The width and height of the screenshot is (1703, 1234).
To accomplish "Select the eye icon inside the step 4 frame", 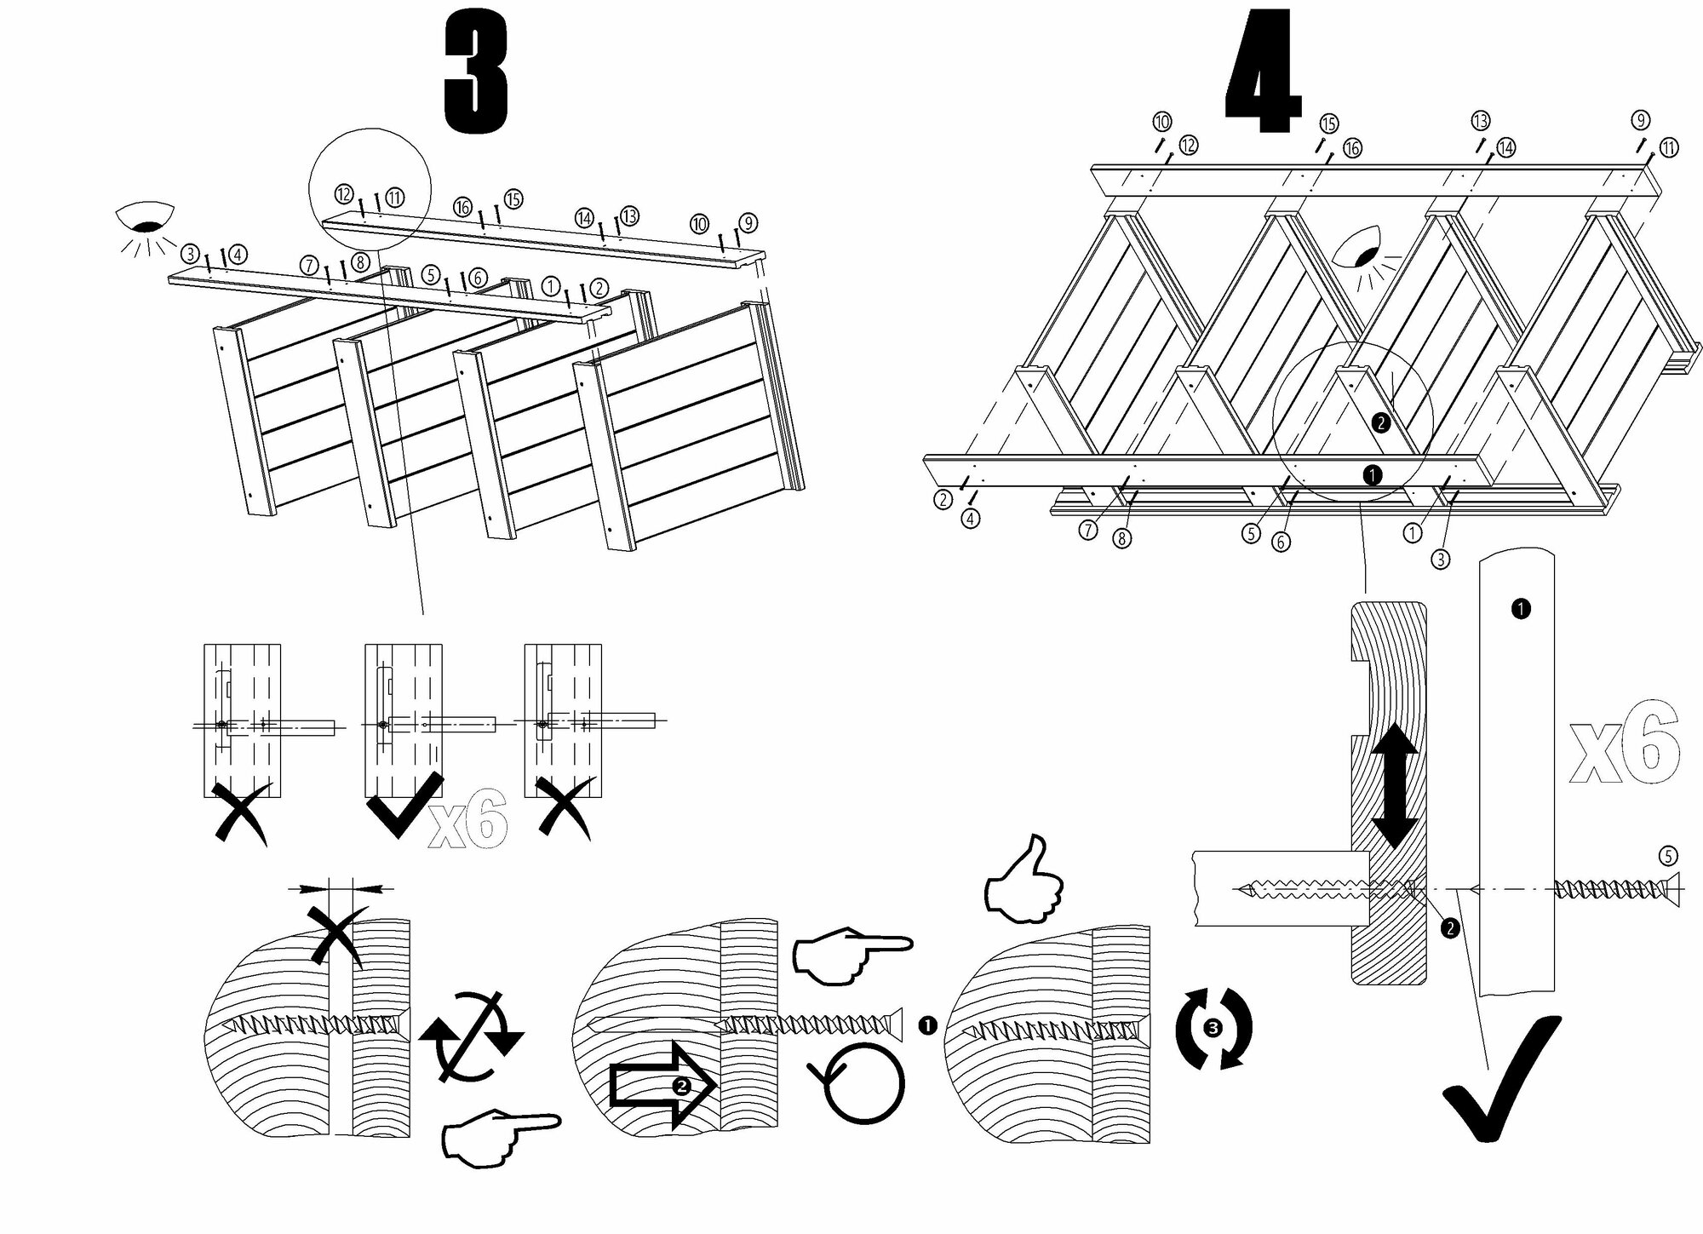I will pyautogui.click(x=1368, y=252).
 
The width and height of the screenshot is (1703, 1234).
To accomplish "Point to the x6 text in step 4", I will pyautogui.click(x=1625, y=743).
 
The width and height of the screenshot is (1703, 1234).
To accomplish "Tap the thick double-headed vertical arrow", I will pyautogui.click(x=1394, y=788).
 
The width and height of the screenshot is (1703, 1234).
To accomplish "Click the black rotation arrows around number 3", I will pyautogui.click(x=1213, y=1028).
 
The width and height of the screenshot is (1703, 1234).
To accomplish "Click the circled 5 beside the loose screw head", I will pyautogui.click(x=1667, y=856).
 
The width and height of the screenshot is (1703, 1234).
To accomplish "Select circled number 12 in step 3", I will pyautogui.click(x=344, y=194).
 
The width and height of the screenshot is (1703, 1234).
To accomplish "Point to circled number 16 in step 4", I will pyautogui.click(x=1352, y=148).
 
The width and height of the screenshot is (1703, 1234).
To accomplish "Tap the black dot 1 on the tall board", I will pyautogui.click(x=1520, y=608).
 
